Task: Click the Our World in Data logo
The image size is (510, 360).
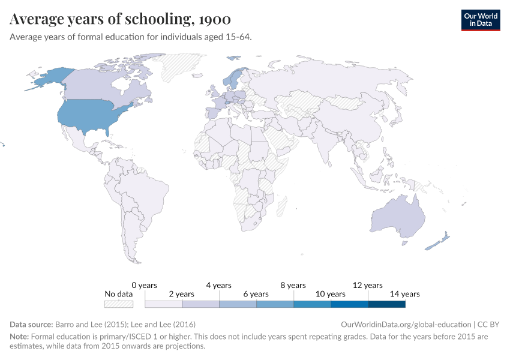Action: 480,19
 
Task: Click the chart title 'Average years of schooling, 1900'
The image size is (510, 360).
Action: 120,19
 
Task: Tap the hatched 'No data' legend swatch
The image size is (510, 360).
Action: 118,304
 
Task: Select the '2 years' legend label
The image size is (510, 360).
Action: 181,294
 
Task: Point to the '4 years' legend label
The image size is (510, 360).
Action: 218,286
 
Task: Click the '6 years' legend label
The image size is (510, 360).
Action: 256,294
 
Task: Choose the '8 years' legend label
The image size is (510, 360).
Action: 293,286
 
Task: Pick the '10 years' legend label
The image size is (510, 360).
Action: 331,294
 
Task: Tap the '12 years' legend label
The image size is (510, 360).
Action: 368,286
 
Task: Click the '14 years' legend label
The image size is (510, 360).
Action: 405,294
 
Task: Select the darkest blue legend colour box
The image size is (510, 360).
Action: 386,304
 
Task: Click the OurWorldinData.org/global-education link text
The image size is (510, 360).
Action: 405,324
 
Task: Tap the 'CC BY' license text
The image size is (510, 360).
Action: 489,324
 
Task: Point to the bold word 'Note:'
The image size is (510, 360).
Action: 19,337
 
